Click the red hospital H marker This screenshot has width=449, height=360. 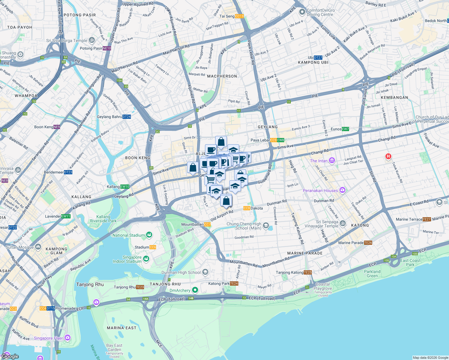pos(388,156)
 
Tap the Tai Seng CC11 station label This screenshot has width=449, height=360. pos(231,16)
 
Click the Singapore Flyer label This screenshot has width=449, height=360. pos(48,338)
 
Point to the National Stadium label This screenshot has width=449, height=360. pos(128,235)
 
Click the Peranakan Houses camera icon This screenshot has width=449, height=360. pos(342,190)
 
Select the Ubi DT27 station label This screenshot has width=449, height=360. pos(315,58)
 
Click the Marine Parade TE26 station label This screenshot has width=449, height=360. pos(355,243)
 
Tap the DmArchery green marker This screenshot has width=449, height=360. pos(195,290)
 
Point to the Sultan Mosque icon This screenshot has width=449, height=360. pos(38,247)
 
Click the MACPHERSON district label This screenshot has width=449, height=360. pos(222,76)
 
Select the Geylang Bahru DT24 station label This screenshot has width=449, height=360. pos(114,117)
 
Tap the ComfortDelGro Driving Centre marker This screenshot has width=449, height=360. pos(302,12)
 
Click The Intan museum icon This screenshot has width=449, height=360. pos(332,161)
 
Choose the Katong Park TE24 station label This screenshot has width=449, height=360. pos(223,283)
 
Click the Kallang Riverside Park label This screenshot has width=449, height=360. pos(103,219)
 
